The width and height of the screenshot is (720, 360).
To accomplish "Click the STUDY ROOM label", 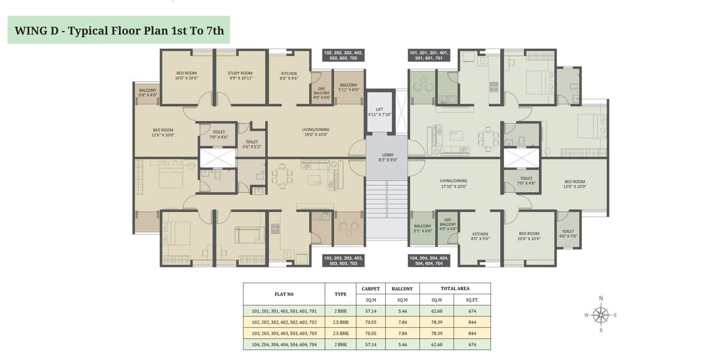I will coord(240,75).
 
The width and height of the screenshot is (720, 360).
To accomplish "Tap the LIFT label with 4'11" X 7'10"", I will coord(379,112).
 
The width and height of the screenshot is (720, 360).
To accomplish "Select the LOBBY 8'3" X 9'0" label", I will coord(386,157).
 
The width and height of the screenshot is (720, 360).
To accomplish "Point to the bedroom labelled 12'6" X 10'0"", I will coord(163,132).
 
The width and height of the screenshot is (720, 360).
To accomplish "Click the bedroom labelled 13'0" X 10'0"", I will coord(574,184).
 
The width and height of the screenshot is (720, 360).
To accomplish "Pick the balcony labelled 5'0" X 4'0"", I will coord(147,93).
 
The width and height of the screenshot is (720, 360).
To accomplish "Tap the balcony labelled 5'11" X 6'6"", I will coord(348,87).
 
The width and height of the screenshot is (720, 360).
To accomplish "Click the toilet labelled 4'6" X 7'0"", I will coord(568,233).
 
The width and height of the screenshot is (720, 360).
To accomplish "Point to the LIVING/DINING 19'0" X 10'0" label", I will coord(315,132).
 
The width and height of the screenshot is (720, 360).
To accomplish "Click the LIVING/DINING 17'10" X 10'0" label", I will coord(453,184).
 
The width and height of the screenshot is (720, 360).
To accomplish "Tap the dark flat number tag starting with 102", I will coord(343,56).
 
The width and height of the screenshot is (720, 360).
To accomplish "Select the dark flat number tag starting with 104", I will coord(428,261).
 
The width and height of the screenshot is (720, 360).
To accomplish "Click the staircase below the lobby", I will coord(386,199).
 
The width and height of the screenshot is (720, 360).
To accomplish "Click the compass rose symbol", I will coord(600,314).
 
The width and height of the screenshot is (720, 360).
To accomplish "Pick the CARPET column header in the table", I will coord(371,288).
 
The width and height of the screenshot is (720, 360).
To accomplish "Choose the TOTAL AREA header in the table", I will coord(455,288).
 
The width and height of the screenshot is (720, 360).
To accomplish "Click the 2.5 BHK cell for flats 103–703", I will coord(340,334).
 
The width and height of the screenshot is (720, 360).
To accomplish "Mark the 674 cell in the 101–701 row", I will coord(472,311).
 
